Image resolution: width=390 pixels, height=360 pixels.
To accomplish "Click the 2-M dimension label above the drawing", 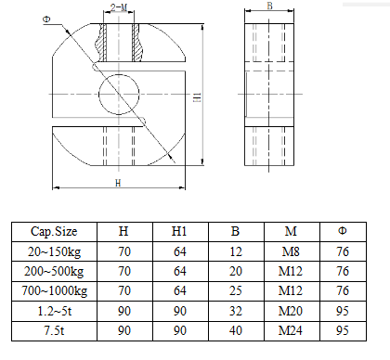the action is pos(119,7).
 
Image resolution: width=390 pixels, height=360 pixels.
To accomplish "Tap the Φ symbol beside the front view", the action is pos(46,19).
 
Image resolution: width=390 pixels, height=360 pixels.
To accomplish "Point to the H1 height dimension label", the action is pos(197,97).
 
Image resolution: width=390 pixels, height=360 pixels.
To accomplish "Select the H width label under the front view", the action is pos(118,183).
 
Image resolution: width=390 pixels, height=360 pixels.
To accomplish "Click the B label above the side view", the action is pos(269,6).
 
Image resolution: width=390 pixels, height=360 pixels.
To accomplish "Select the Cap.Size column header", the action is pos(54,231).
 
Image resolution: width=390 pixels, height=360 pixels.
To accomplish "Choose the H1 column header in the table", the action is pos(179,231).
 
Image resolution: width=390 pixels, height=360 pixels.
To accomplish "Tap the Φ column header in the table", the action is pos(343,231).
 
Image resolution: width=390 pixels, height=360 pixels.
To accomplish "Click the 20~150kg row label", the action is pos(54,251).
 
